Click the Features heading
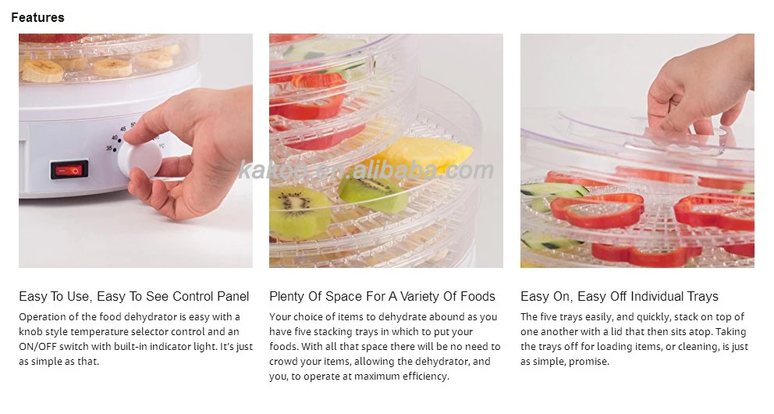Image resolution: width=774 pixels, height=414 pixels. pyautogui.click(x=37, y=17)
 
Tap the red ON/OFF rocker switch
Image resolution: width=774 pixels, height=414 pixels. pyautogui.click(x=69, y=170)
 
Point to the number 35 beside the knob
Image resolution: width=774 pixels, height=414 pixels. pyautogui.click(x=108, y=148)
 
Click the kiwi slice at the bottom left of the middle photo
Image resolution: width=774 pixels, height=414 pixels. pyautogui.click(x=300, y=212)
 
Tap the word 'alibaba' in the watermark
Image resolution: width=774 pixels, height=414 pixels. pyautogui.click(x=394, y=170)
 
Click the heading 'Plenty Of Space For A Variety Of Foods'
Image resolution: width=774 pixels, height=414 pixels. pyautogui.click(x=382, y=296)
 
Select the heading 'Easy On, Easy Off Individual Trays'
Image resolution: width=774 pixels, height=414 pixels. pyautogui.click(x=620, y=296)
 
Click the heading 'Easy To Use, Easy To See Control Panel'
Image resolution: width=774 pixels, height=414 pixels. pyautogui.click(x=133, y=296)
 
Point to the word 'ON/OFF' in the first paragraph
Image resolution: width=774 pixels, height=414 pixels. pyautogui.click(x=38, y=347)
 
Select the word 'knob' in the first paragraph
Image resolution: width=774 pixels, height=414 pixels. pyautogui.click(x=30, y=331)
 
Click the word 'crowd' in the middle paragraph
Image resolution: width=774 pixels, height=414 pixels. pyautogui.click(x=283, y=361)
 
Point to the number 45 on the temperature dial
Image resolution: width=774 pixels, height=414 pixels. pyautogui.click(x=122, y=129)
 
